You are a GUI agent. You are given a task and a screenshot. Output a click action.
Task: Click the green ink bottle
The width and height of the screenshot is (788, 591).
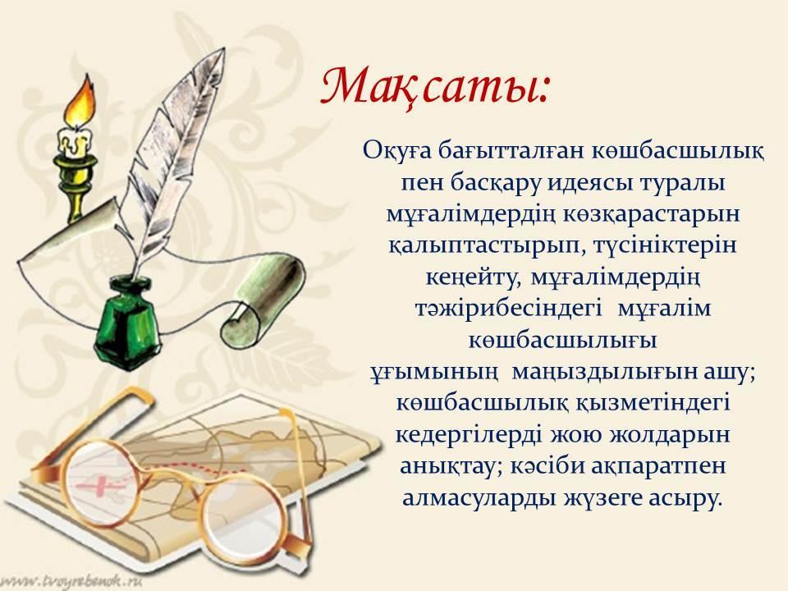pyautogui.click(x=127, y=324)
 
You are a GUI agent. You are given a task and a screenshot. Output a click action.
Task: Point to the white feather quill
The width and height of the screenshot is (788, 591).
pyautogui.click(x=171, y=161)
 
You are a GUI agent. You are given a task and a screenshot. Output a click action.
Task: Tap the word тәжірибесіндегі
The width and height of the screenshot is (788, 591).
pyautogui.click(x=509, y=309)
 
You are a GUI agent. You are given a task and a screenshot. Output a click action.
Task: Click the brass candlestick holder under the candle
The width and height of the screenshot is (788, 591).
pyautogui.click(x=76, y=186)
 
